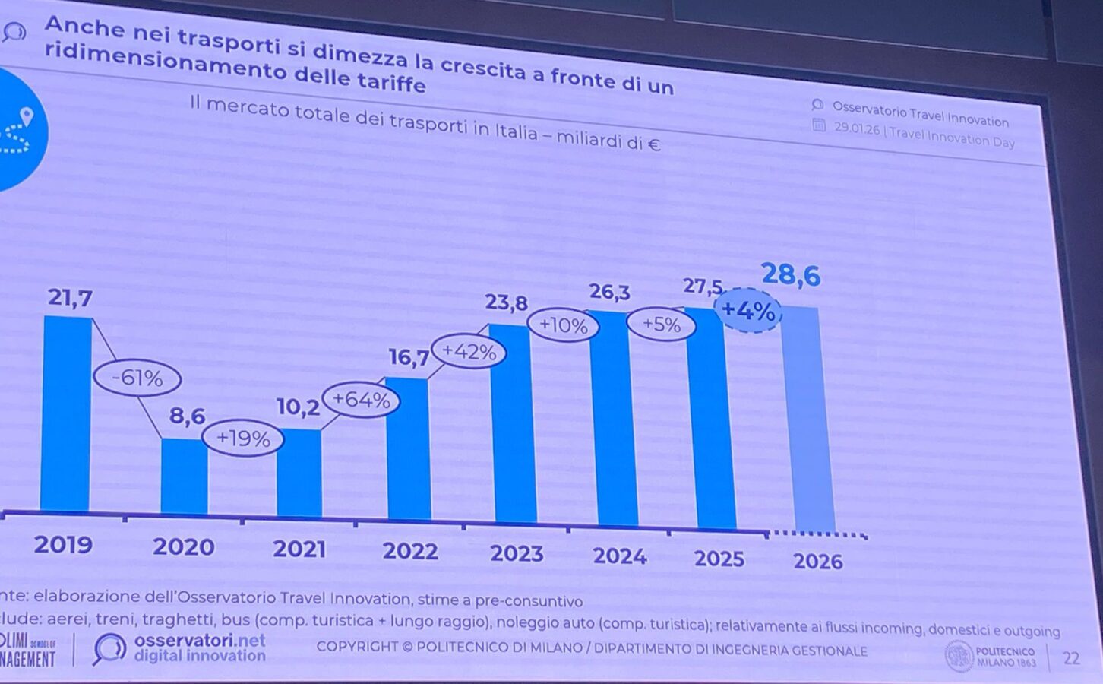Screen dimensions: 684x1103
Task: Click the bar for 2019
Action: pos(67,414)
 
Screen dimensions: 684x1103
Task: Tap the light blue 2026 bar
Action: pos(809,418)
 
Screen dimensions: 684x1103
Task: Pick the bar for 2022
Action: pos(409,448)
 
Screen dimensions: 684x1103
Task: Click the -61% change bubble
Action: pos(137,378)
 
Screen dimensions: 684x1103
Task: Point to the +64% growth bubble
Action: pos(361,400)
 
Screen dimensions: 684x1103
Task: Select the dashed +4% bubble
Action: pos(748,310)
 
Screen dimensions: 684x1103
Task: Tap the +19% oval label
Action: pos(243,439)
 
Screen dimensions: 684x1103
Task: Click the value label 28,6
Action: pos(791,274)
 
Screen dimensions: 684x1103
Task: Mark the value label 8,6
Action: pos(187,416)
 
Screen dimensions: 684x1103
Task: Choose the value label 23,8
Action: pos(507,302)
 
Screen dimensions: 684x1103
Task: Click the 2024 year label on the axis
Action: pos(620,556)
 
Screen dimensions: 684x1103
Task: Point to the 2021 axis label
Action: pos(299,549)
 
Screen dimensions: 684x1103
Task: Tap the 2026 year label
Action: pos(818,562)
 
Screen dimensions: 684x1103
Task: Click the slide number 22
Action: pos(1071,658)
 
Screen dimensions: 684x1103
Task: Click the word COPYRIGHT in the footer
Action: pos(357,647)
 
